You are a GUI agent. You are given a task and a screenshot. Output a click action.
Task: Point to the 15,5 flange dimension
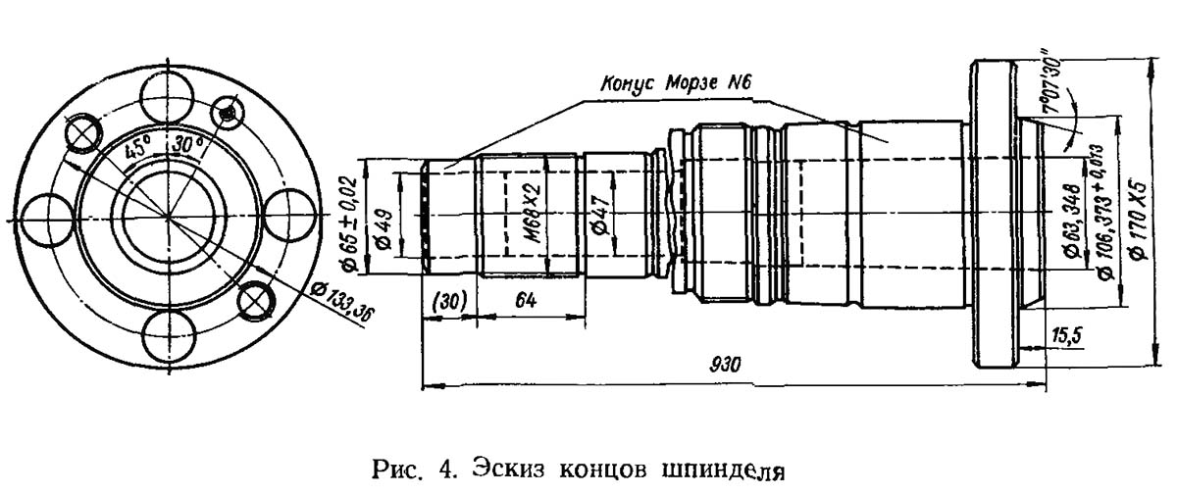[x=1065, y=336]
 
